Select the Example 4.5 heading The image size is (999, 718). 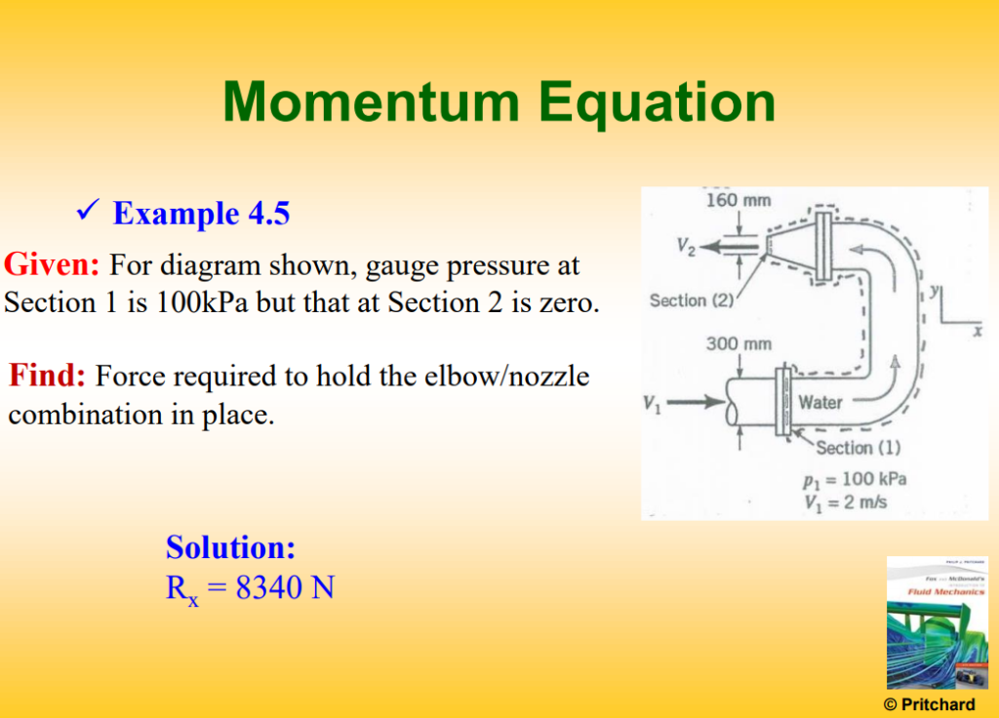201,213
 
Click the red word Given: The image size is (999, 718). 53,264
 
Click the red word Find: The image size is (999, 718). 48,376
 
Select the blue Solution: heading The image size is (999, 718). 230,546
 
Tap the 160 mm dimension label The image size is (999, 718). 738,201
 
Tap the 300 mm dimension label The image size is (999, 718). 738,343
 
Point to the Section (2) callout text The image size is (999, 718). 692,300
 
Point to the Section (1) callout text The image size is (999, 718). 858,448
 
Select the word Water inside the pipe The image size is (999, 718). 820,402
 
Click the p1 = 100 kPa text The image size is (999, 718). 854,479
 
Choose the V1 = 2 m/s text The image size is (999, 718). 846,502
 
